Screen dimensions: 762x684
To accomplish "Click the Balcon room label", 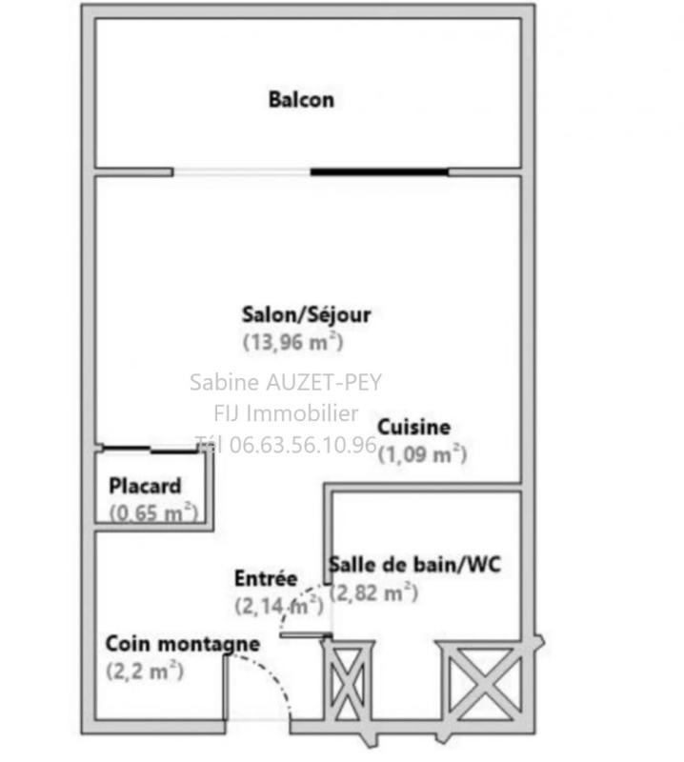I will [301, 99].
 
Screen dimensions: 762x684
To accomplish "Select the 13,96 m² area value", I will [293, 342].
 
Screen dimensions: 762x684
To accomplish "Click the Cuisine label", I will [414, 428].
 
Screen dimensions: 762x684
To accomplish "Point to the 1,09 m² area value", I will [422, 454].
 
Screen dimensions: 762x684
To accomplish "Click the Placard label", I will [145, 486].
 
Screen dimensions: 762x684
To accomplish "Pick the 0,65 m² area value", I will [152, 512].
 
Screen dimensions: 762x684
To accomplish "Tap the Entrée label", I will [266, 578].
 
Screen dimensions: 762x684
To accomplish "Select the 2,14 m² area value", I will [277, 604].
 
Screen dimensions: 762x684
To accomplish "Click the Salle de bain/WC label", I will [414, 565].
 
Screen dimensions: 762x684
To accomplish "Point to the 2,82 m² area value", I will [373, 592].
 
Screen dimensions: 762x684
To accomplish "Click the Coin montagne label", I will [182, 644].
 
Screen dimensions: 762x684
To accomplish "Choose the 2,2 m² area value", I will [145, 671].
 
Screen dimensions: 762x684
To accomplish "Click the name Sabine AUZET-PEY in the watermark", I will [286, 383].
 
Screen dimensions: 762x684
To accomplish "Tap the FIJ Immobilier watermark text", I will [286, 413].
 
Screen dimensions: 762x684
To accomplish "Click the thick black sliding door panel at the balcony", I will [379, 172].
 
